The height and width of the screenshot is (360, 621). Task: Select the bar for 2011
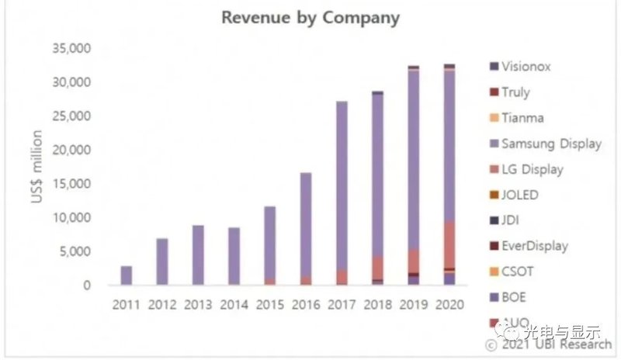tap(126, 275)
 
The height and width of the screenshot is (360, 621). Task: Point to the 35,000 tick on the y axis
tap(71, 48)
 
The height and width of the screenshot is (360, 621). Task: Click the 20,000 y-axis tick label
tap(71, 150)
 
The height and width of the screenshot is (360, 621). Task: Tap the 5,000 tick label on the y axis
tap(75, 251)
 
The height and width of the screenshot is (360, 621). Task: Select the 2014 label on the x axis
tap(234, 303)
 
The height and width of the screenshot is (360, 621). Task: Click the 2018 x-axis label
tap(377, 303)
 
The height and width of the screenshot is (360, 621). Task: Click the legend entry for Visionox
tap(526, 67)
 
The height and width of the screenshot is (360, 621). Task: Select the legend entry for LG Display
tap(532, 169)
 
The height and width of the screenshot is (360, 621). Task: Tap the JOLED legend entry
tap(520, 195)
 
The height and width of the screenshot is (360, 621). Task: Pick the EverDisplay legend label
tap(535, 246)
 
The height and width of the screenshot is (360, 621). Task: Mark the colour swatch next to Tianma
tap(494, 118)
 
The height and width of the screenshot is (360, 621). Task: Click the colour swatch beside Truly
tap(494, 92)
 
